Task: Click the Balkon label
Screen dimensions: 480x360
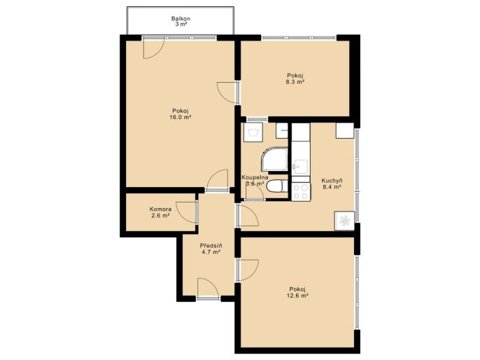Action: tap(181, 19)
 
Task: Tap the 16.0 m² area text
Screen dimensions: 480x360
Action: tap(181, 117)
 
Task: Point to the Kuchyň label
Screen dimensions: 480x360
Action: tap(332, 181)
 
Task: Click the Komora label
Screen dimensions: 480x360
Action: tap(160, 209)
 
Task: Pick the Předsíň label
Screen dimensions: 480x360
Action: tap(211, 245)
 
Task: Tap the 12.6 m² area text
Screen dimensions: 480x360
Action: tap(297, 296)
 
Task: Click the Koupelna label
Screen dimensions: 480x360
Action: tap(255, 177)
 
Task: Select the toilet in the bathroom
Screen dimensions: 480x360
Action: tap(277, 186)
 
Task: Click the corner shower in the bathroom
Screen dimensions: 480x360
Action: tap(274, 159)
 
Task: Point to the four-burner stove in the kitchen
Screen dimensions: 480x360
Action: tap(301, 191)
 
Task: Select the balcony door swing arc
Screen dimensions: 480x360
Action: tap(154, 49)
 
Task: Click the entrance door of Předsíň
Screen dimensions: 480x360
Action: tap(209, 288)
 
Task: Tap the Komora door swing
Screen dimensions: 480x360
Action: tap(186, 212)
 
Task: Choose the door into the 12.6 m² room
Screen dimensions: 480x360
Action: tap(248, 270)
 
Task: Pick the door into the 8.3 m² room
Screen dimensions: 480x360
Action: tap(227, 92)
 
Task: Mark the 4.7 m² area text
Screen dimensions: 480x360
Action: tap(211, 252)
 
